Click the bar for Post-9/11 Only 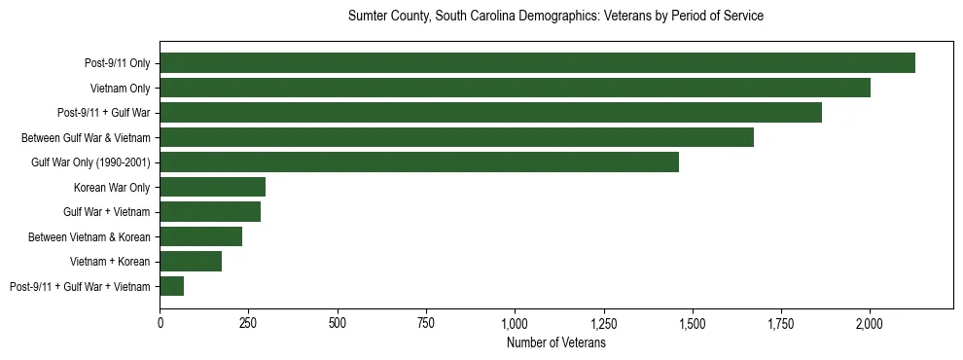tap(537, 63)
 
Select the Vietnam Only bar tap(515, 88)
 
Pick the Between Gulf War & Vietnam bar tap(456, 137)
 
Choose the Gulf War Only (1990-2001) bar tap(419, 162)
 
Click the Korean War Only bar tap(213, 187)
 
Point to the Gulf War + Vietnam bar tap(210, 212)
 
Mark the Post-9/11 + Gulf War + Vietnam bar tap(172, 286)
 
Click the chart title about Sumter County tap(555, 17)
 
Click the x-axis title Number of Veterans tap(555, 343)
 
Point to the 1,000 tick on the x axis tap(515, 322)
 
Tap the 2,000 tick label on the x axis tap(870, 322)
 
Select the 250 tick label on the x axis tap(249, 322)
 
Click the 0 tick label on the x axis tap(160, 322)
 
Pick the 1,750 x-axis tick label tap(781, 322)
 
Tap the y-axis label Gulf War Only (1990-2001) tap(92, 162)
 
